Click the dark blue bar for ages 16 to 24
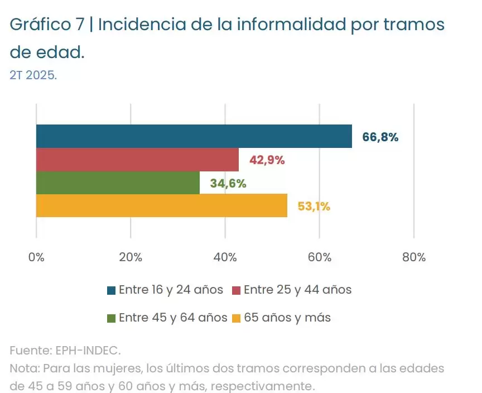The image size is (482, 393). coord(194,136)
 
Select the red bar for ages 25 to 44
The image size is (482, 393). coord(137,160)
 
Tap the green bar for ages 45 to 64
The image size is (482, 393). coord(118,183)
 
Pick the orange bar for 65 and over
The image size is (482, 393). coord(162,206)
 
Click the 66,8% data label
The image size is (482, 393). coord(380,137)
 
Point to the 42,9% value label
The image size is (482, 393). coord(267,160)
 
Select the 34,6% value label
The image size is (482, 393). coord(228,184)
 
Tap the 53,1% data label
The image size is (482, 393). coord(314,207)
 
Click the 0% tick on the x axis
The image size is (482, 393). coord(36,257)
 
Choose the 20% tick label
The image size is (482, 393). coord(131,257)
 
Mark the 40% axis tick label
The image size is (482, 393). coord(225,257)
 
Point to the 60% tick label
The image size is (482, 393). coord(319,257)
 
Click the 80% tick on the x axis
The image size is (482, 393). coord(413,257)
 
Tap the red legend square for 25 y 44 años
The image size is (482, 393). coord(236,290)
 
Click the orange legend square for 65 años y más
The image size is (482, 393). coord(236,318)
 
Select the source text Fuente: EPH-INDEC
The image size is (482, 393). coord(65,351)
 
